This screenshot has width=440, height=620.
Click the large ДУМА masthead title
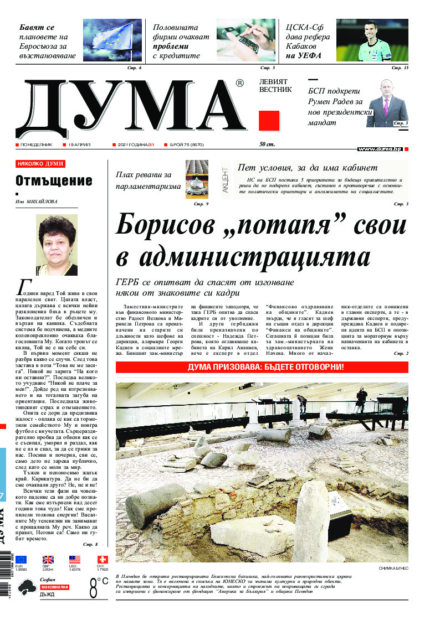[x=133, y=106]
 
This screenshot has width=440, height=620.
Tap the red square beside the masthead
[x=269, y=121]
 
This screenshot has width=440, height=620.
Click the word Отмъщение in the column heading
[x=54, y=180]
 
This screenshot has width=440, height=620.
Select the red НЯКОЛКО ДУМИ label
[x=40, y=164]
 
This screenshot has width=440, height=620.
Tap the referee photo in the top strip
[x=372, y=40]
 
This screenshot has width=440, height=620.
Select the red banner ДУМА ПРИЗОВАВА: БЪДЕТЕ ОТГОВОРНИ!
[x=262, y=367]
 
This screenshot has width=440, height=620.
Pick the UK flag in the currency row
[x=48, y=559]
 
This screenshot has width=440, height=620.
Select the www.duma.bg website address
[x=380, y=149]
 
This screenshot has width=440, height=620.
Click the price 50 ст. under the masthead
[x=267, y=144]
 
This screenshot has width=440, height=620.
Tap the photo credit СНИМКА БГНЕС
[x=393, y=569]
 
